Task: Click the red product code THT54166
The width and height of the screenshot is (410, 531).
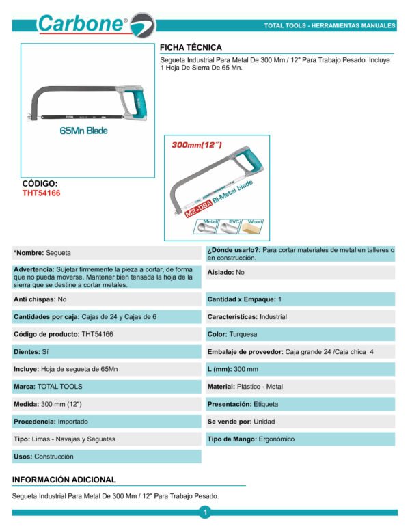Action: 42,193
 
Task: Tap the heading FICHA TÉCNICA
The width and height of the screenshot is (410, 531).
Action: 191,48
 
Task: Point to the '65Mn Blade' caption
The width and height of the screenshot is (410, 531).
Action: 84,131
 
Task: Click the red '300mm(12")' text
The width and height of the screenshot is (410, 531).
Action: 197,145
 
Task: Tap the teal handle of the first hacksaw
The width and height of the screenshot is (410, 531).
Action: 137,103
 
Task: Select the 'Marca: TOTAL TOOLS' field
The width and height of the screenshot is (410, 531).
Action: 48,387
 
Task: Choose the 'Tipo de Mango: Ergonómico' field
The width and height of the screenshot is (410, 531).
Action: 251,439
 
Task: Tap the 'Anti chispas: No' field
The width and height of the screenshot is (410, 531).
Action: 40,299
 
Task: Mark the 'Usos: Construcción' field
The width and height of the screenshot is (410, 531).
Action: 44,457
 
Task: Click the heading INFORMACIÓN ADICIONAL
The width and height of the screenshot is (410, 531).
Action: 64,480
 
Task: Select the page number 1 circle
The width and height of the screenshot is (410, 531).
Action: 204,513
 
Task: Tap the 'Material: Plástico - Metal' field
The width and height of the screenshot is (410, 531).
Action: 245,387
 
